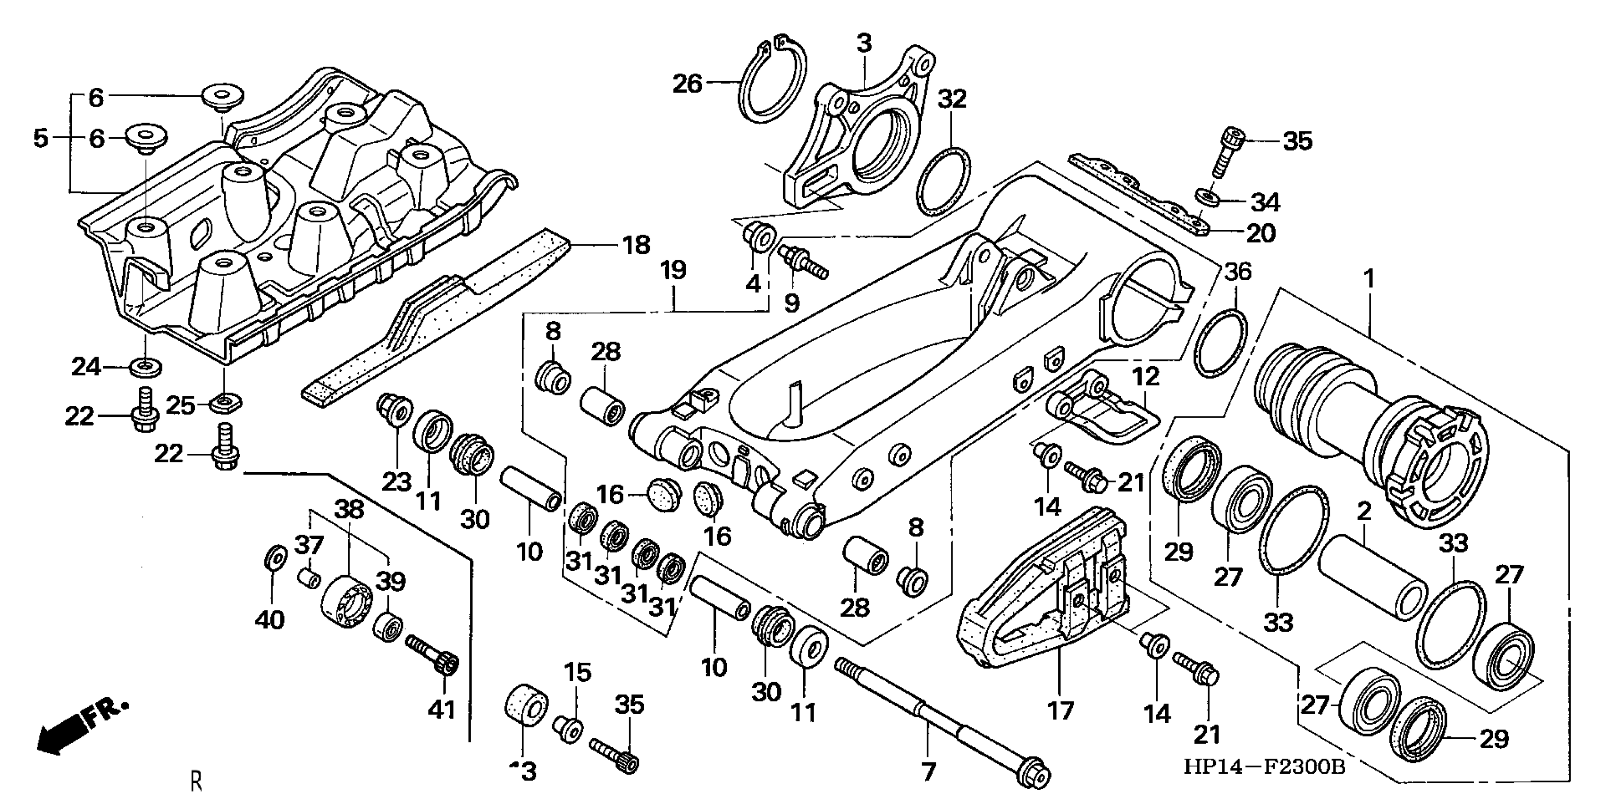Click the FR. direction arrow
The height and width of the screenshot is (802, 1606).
tap(81, 726)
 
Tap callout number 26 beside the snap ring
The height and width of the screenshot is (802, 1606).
tap(687, 84)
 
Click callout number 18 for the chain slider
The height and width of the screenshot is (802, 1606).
tap(636, 245)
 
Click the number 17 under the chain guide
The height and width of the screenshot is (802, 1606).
tap(1060, 710)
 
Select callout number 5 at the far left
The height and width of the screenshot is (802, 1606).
tap(41, 138)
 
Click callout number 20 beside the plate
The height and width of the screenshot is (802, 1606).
tap(1260, 233)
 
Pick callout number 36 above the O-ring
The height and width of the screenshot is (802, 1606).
tap(1237, 272)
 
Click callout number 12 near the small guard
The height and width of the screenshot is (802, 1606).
tap(1145, 376)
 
